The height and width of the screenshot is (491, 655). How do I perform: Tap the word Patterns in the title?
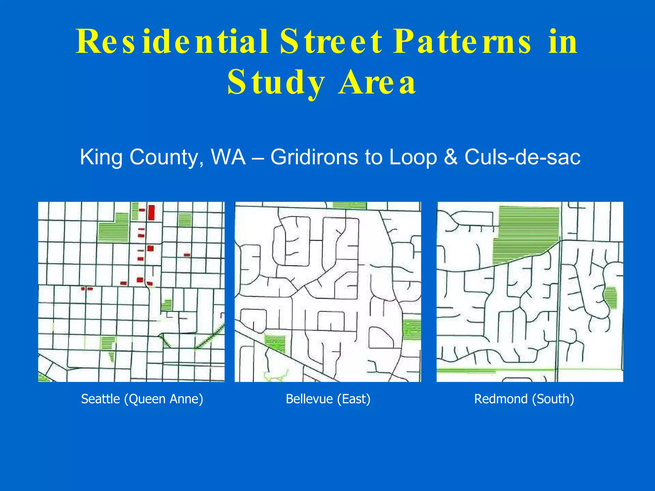tap(462, 42)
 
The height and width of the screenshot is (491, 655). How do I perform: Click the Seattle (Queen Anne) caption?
tap(142, 399)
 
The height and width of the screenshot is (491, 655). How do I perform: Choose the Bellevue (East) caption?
tap(328, 399)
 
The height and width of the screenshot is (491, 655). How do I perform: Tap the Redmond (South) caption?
tap(524, 399)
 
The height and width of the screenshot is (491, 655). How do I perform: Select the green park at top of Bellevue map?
tap(349, 205)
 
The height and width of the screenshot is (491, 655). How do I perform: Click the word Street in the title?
tap(331, 42)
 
